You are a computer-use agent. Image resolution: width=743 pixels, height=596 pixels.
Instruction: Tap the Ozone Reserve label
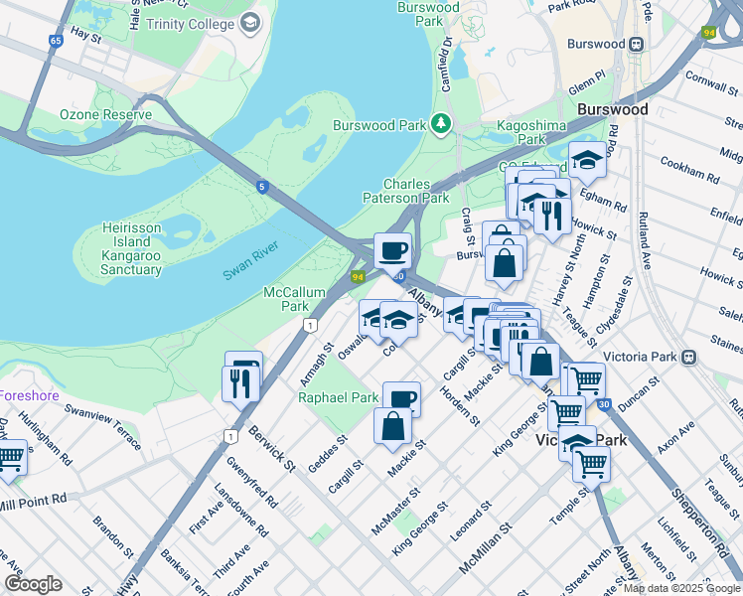pos(105,115)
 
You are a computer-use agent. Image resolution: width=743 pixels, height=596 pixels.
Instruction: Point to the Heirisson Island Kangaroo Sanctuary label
pos(131,248)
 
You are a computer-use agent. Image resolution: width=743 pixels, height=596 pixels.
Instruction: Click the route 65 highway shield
pos(56,42)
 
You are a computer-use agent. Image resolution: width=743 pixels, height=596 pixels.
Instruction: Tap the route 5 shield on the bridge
pos(261,186)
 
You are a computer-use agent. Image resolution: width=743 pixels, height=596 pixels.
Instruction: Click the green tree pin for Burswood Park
pos(439,124)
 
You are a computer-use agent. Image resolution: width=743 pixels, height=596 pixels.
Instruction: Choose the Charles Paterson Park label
pos(416,192)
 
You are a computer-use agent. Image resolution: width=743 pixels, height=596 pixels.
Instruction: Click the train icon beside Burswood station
pos(636,44)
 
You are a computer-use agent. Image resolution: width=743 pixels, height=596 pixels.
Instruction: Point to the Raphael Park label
pos(339,397)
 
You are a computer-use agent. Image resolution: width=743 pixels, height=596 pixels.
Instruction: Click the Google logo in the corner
pos(33,584)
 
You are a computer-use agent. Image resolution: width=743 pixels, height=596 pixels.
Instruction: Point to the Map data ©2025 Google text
pos(680,588)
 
